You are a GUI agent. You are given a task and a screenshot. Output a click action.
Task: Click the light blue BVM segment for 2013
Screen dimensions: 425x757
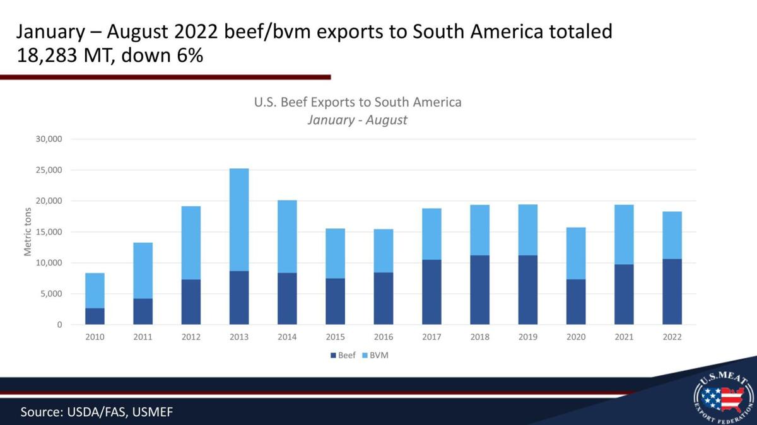click(239, 219)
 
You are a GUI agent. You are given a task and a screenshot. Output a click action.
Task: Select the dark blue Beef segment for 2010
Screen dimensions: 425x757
click(95, 317)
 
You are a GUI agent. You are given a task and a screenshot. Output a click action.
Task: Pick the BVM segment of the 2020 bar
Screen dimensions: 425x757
click(576, 253)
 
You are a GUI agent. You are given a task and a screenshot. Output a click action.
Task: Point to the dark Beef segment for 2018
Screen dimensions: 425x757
click(479, 290)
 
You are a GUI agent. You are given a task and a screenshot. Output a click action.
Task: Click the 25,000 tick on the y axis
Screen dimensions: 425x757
click(49, 170)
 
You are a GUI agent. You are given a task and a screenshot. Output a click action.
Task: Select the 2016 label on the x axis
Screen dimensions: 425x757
click(384, 337)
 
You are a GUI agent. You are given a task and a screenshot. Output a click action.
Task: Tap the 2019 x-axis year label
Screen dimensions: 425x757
click(528, 337)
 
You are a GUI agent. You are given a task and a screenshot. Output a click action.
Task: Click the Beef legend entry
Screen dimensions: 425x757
click(343, 356)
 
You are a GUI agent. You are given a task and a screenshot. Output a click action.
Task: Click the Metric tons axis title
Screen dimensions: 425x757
click(28, 231)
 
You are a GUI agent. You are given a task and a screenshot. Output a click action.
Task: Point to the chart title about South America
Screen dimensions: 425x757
click(358, 102)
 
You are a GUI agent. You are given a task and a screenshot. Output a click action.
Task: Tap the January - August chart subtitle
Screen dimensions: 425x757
click(357, 120)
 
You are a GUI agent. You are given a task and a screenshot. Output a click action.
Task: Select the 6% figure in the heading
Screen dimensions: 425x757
click(187, 55)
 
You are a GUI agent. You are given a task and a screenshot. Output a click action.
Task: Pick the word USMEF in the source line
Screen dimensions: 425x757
click(152, 412)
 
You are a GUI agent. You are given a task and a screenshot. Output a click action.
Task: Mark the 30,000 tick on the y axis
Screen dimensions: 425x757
click(49, 139)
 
